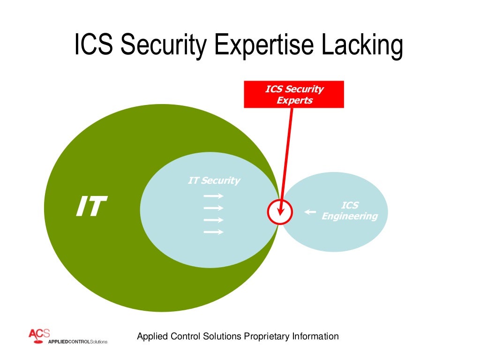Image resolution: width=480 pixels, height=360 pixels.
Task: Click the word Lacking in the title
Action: point(361,45)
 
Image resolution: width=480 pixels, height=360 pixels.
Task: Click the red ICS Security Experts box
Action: point(294,94)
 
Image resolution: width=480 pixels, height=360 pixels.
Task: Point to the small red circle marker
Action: point(280,212)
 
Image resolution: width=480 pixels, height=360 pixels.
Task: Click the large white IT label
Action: point(91,207)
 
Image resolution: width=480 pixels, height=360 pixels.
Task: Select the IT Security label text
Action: point(214,180)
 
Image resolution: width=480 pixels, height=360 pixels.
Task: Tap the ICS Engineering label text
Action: point(349,211)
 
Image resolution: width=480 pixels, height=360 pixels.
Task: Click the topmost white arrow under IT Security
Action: point(214,196)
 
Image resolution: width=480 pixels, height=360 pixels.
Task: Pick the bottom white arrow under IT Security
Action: point(214,232)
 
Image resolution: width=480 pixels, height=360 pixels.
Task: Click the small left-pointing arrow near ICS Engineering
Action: point(310,212)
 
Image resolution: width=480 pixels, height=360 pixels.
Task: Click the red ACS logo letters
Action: point(39,333)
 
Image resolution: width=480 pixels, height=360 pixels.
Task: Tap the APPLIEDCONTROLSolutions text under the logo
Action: point(78,341)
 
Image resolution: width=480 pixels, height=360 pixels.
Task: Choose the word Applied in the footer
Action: point(151,336)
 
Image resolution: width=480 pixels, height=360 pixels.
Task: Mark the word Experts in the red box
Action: point(294,100)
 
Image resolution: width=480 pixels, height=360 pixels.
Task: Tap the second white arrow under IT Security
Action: point(214,208)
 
